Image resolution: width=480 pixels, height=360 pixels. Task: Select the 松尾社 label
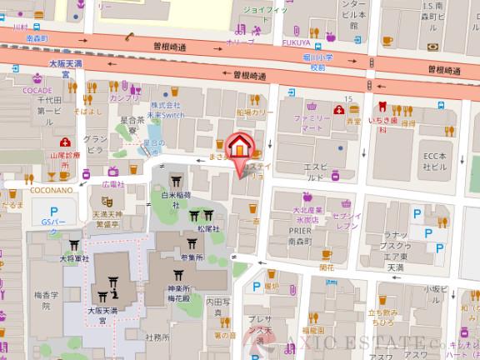coord(207,227)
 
